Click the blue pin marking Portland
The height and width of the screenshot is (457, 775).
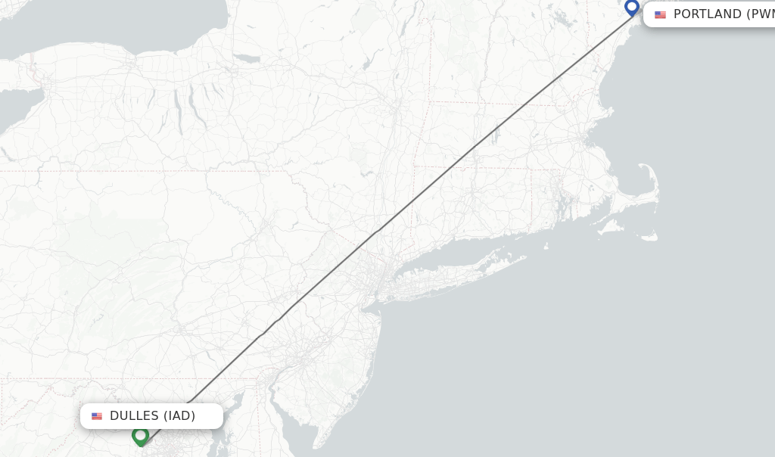coord(632,8)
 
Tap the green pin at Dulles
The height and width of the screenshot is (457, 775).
coord(140,435)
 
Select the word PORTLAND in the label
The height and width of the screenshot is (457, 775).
coord(707,14)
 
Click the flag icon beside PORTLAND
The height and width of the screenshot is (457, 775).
coord(661,14)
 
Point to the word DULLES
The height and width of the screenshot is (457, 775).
coord(134,415)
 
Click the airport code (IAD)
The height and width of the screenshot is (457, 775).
coord(179,415)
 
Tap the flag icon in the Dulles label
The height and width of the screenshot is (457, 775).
coord(97,416)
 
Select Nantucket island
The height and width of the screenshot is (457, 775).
coord(648,236)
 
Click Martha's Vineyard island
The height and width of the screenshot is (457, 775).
coord(610,225)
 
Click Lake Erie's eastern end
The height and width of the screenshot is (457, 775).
coord(11,106)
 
